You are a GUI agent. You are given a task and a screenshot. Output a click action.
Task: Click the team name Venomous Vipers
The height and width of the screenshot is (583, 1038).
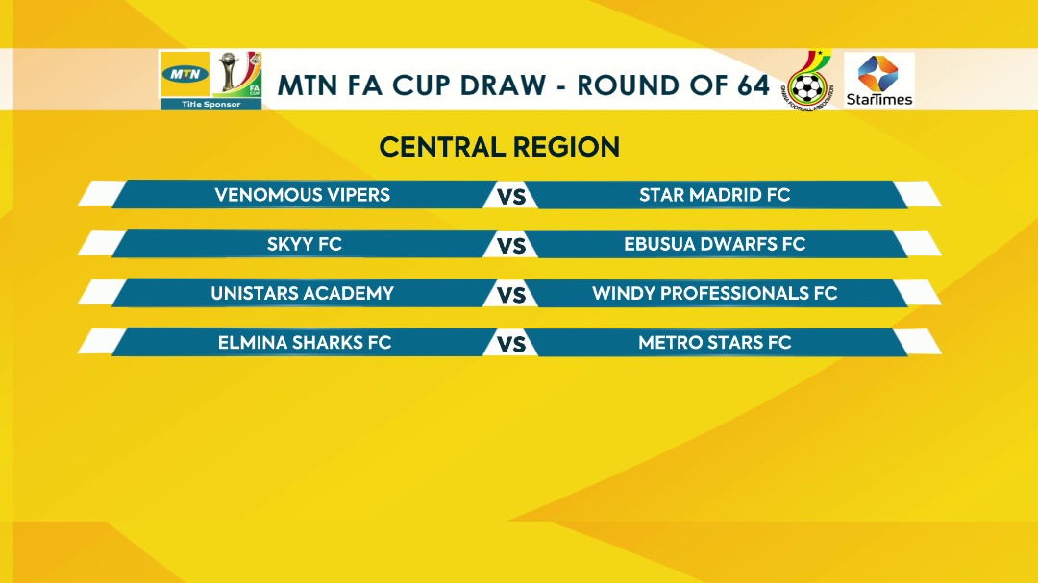[x=302, y=195]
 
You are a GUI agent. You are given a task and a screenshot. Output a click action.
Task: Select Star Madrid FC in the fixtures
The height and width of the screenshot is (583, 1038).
[x=714, y=195]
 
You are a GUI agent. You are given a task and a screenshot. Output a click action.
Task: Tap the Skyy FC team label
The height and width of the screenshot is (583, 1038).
[x=304, y=244]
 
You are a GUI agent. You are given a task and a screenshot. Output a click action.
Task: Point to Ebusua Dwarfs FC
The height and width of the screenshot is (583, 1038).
[x=714, y=244]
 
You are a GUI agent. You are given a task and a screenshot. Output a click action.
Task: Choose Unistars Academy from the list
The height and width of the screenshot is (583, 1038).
[x=302, y=293]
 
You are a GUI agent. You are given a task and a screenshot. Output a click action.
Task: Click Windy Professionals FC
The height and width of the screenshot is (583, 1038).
[x=714, y=293]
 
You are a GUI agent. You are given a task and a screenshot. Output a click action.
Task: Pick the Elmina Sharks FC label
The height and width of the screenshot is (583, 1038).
[x=305, y=342]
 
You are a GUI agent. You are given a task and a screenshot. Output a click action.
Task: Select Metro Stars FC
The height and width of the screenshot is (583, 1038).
[x=714, y=342]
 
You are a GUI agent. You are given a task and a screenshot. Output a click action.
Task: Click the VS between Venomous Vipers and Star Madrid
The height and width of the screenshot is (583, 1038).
[x=511, y=197]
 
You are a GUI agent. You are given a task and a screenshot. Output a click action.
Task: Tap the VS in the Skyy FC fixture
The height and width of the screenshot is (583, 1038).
[x=511, y=246]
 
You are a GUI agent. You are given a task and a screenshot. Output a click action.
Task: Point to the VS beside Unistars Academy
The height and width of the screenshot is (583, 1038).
[x=511, y=295]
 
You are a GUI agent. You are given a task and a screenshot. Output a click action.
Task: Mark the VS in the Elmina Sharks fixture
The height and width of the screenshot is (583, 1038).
[x=511, y=344]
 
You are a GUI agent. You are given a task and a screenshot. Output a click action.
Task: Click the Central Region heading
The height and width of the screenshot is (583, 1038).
[x=499, y=147]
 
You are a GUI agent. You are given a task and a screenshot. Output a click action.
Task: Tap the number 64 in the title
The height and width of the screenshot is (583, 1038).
[x=750, y=85]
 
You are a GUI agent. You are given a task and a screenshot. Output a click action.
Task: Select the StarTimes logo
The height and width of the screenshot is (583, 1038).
[x=879, y=81]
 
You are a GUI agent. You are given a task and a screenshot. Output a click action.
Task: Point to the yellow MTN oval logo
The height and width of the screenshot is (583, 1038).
[x=185, y=74]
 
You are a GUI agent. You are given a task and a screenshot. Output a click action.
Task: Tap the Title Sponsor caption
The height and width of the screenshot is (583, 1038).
[x=211, y=104]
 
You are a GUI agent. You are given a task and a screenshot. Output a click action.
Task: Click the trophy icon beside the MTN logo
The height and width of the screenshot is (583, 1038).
[x=229, y=71]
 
